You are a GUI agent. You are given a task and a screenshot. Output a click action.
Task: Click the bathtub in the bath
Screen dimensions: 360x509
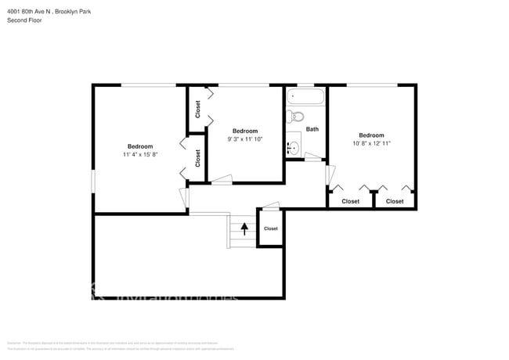305,99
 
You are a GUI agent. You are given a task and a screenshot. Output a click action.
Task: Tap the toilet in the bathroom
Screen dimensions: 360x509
295,117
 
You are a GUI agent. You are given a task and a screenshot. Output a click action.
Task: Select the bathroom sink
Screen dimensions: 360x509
294,146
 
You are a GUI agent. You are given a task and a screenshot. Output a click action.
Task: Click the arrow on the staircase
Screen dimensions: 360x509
244,229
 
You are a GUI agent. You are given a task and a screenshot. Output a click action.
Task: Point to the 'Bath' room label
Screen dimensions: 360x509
312,129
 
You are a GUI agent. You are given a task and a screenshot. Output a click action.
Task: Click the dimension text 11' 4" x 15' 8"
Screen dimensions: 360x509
140,155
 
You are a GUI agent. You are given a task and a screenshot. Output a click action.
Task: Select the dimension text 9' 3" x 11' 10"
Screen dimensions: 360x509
245,139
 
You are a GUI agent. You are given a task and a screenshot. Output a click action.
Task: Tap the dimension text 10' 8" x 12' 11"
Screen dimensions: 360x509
371,143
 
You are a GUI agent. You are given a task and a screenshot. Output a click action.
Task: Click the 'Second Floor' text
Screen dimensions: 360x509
24,20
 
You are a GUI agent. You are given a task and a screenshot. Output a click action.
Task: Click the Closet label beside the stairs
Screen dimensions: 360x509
270,229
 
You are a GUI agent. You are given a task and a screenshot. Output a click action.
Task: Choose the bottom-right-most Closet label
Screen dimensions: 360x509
395,201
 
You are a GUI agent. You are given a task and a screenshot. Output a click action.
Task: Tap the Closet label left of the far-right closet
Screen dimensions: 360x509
350,201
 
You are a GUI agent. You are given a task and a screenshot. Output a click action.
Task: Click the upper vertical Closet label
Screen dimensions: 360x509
198,109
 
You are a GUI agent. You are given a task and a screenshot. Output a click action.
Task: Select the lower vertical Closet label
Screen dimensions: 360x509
198,157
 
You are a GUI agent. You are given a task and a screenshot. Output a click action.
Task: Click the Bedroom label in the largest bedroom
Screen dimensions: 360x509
140,146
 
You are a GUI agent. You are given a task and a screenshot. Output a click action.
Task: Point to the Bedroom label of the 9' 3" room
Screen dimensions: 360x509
245,131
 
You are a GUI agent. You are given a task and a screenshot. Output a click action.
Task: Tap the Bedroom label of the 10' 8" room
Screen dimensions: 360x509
371,135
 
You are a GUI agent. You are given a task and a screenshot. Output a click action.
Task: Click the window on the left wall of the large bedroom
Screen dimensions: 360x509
94,180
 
